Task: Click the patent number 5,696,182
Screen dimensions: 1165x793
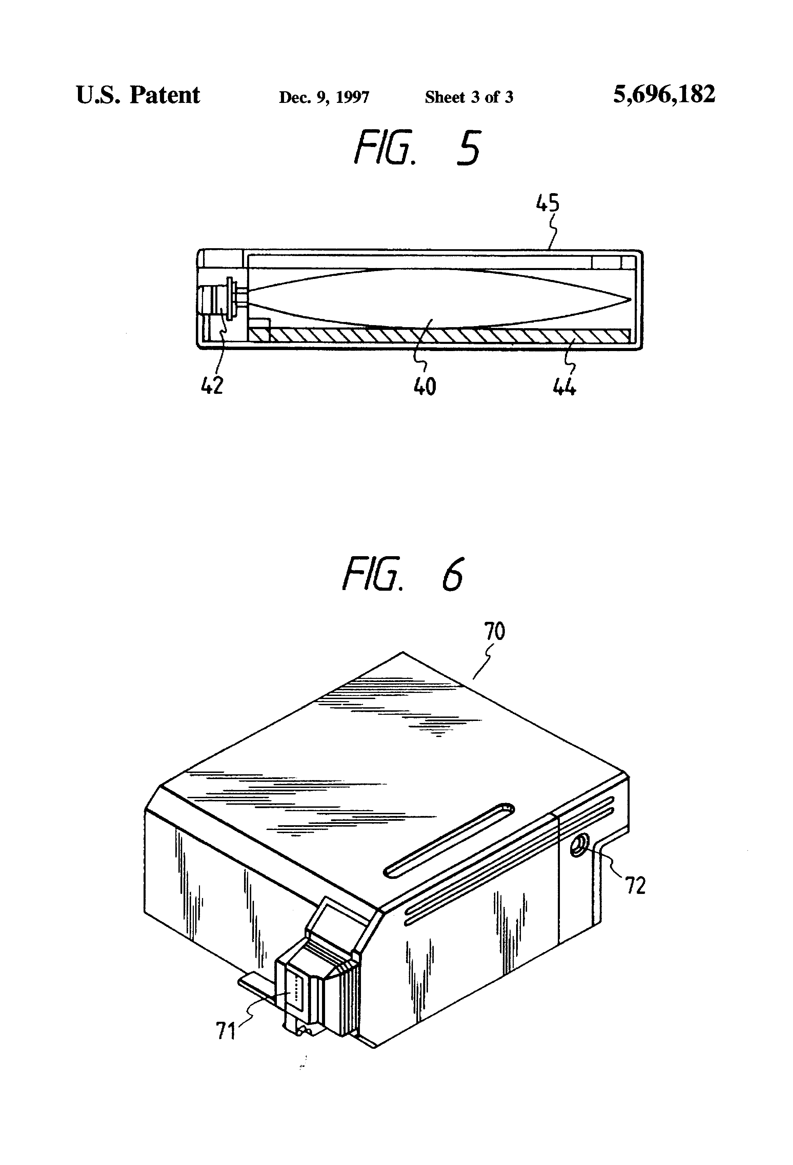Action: tap(664, 95)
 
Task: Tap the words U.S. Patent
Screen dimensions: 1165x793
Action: tap(138, 95)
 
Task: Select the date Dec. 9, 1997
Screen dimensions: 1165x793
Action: tap(324, 97)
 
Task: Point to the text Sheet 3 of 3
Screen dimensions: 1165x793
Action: tap(469, 97)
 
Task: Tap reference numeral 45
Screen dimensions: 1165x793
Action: tap(547, 203)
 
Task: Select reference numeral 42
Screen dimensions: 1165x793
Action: tap(212, 386)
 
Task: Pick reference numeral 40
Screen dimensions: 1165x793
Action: tap(425, 387)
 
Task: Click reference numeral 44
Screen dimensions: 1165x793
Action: tap(564, 387)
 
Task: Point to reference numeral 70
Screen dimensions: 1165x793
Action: tap(494, 631)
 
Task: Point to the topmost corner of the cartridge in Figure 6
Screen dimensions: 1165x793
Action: tap(403, 652)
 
